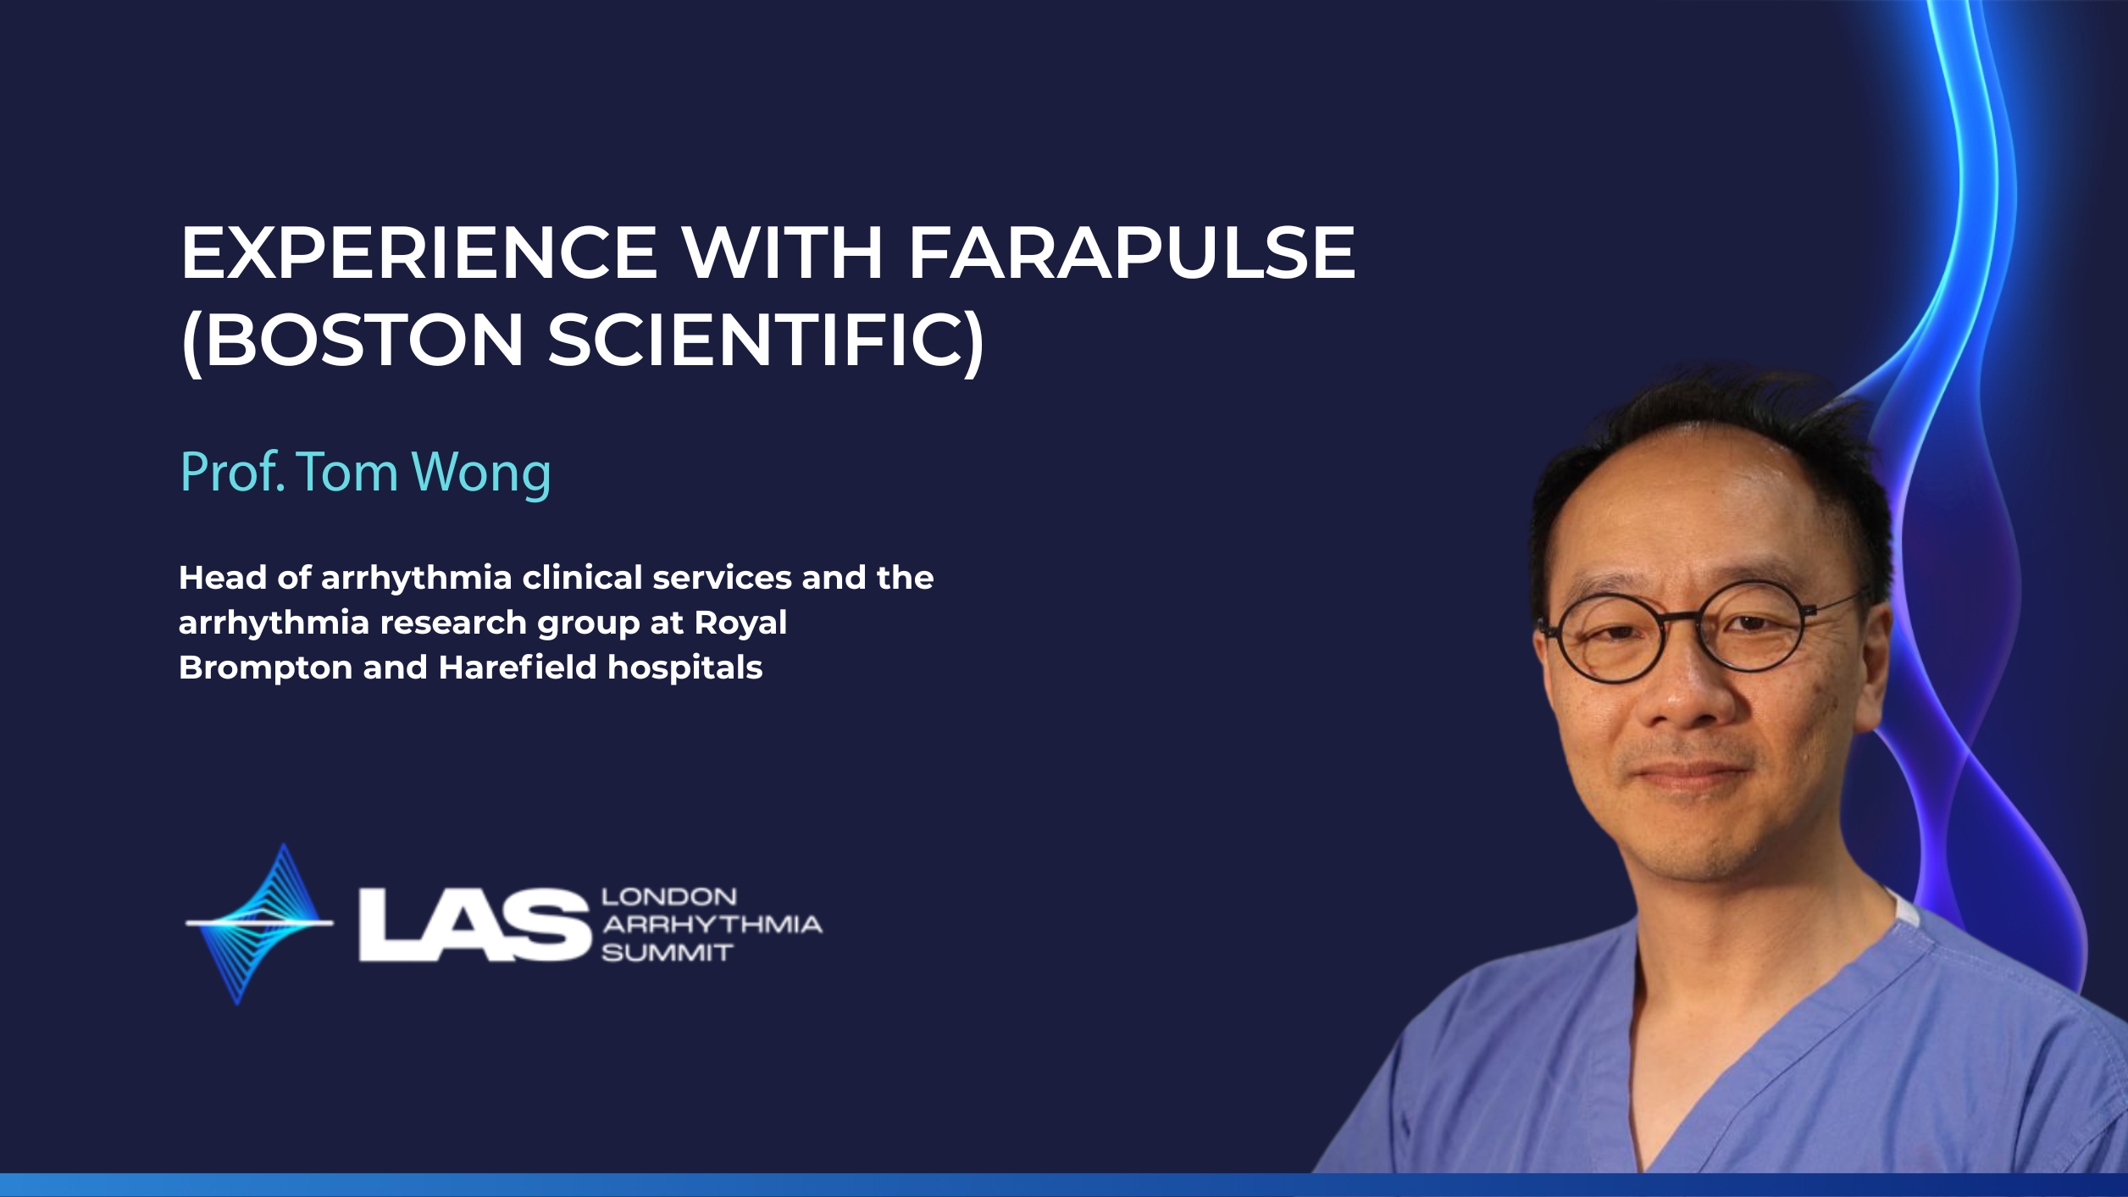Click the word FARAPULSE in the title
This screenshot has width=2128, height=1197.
pos(1132,252)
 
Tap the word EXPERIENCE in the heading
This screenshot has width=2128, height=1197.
pos(419,252)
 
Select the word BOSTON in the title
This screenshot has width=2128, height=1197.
pos(365,340)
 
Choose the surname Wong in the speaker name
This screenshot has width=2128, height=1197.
pos(481,473)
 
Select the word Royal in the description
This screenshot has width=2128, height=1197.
pos(740,623)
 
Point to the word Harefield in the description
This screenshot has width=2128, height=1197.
pos(518,668)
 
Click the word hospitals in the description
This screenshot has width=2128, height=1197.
pos(685,668)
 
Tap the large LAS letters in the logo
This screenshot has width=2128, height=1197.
pos(474,924)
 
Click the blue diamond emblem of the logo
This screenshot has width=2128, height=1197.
pos(259,923)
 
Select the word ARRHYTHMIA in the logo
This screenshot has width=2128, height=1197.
pos(712,924)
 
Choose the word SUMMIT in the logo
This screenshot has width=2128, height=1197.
pos(667,953)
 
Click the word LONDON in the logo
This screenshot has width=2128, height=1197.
pos(669,896)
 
